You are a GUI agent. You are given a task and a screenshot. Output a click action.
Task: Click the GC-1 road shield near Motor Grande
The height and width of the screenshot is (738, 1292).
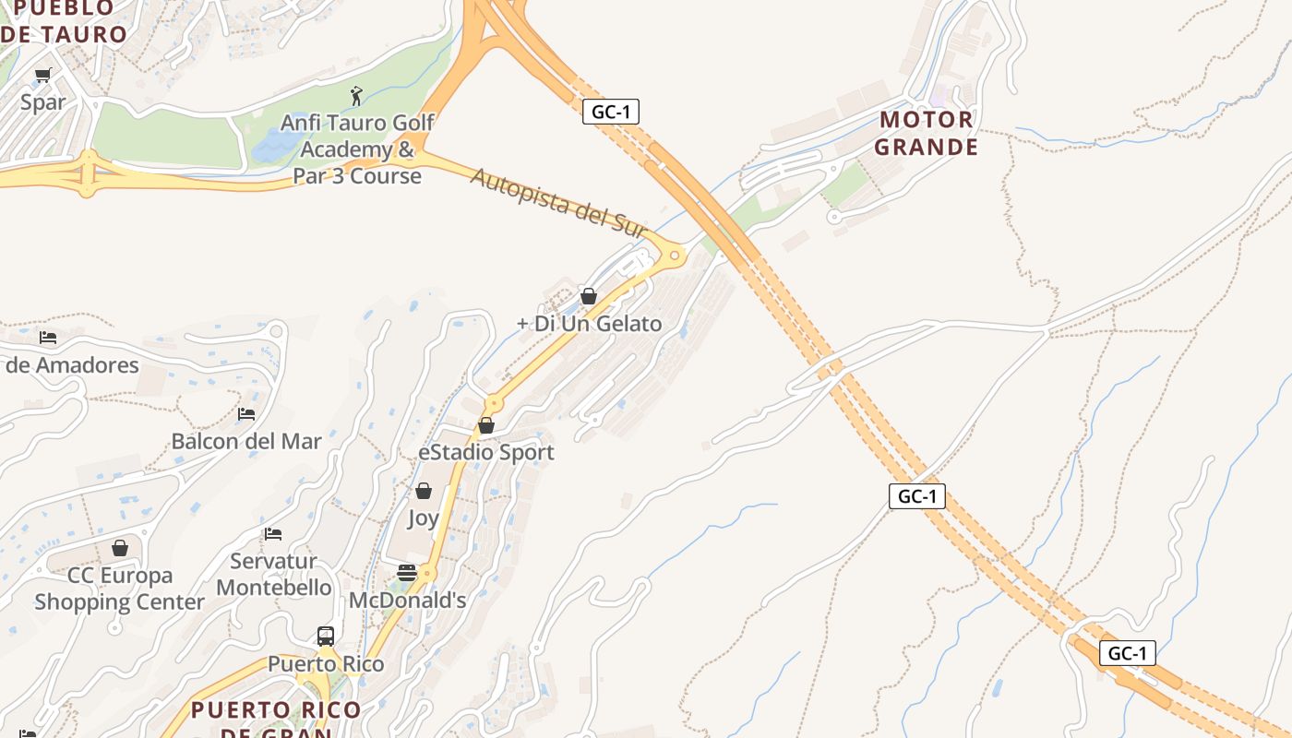click(611, 112)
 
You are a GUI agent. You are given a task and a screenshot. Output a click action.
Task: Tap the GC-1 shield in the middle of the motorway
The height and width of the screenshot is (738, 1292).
click(917, 495)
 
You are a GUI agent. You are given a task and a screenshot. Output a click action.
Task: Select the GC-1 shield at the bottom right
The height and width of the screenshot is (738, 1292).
click(1127, 653)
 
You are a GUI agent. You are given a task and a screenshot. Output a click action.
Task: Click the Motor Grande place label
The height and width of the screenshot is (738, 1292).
click(926, 133)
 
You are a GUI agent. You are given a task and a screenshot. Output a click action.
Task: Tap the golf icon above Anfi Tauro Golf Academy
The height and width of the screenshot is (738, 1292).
click(356, 95)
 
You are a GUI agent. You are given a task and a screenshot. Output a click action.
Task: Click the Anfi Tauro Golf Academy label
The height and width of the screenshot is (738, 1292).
click(357, 149)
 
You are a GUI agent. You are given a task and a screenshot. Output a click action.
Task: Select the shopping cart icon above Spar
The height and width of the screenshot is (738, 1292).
click(43, 76)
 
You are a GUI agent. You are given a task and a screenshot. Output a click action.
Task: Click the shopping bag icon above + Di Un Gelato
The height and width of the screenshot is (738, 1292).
click(588, 296)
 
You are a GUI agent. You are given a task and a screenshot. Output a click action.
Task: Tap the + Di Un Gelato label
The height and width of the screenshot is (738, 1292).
click(590, 324)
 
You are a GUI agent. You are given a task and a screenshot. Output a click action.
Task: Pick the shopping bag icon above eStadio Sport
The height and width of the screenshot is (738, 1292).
click(486, 425)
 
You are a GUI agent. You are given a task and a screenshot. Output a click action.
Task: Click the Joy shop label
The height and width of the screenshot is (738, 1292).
click(423, 518)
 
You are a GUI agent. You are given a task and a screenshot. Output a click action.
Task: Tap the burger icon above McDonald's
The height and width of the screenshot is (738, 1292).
click(407, 573)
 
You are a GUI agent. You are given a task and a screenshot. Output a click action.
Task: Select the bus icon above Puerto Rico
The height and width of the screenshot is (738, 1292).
click(326, 636)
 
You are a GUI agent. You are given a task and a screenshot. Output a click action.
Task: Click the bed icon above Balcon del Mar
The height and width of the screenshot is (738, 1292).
click(245, 413)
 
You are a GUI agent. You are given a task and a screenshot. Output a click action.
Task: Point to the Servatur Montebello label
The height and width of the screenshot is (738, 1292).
click(274, 574)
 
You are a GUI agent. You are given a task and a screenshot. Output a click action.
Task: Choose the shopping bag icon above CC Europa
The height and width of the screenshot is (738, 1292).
click(120, 548)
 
